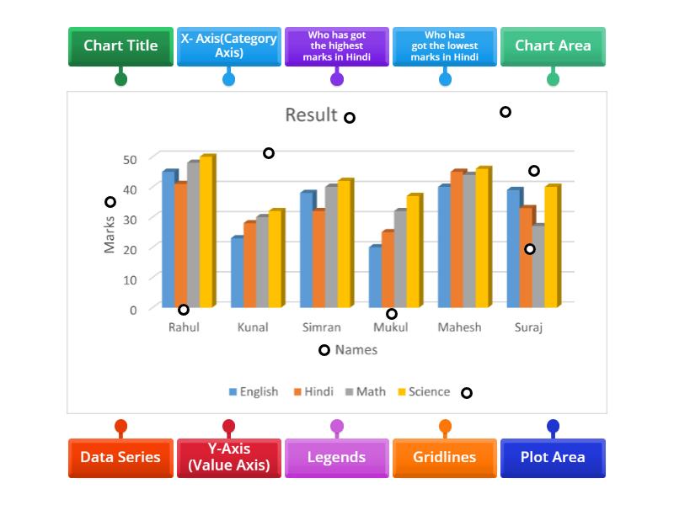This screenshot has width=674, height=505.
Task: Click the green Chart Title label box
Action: [120, 46]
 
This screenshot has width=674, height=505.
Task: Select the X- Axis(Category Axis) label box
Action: [228, 46]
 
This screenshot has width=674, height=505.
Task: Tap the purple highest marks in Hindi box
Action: [337, 46]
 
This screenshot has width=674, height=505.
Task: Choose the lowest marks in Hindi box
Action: [445, 46]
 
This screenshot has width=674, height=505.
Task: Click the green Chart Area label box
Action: [553, 46]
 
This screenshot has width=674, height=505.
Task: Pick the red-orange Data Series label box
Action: [120, 458]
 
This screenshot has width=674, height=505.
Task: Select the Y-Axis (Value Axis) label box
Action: [228, 458]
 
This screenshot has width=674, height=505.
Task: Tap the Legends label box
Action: [337, 458]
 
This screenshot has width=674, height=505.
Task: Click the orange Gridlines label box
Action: [445, 458]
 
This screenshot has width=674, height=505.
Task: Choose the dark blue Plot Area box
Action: [553, 458]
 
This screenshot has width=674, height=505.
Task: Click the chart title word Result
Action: [311, 115]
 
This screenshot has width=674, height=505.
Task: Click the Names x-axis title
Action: [356, 349]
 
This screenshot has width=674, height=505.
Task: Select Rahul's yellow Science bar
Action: [206, 231]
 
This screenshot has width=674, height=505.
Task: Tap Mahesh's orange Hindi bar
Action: [456, 239]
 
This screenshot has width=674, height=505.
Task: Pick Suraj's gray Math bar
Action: [538, 266]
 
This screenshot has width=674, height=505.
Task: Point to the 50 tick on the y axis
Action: [129, 159]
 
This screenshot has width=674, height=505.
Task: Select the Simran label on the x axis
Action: [321, 327]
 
